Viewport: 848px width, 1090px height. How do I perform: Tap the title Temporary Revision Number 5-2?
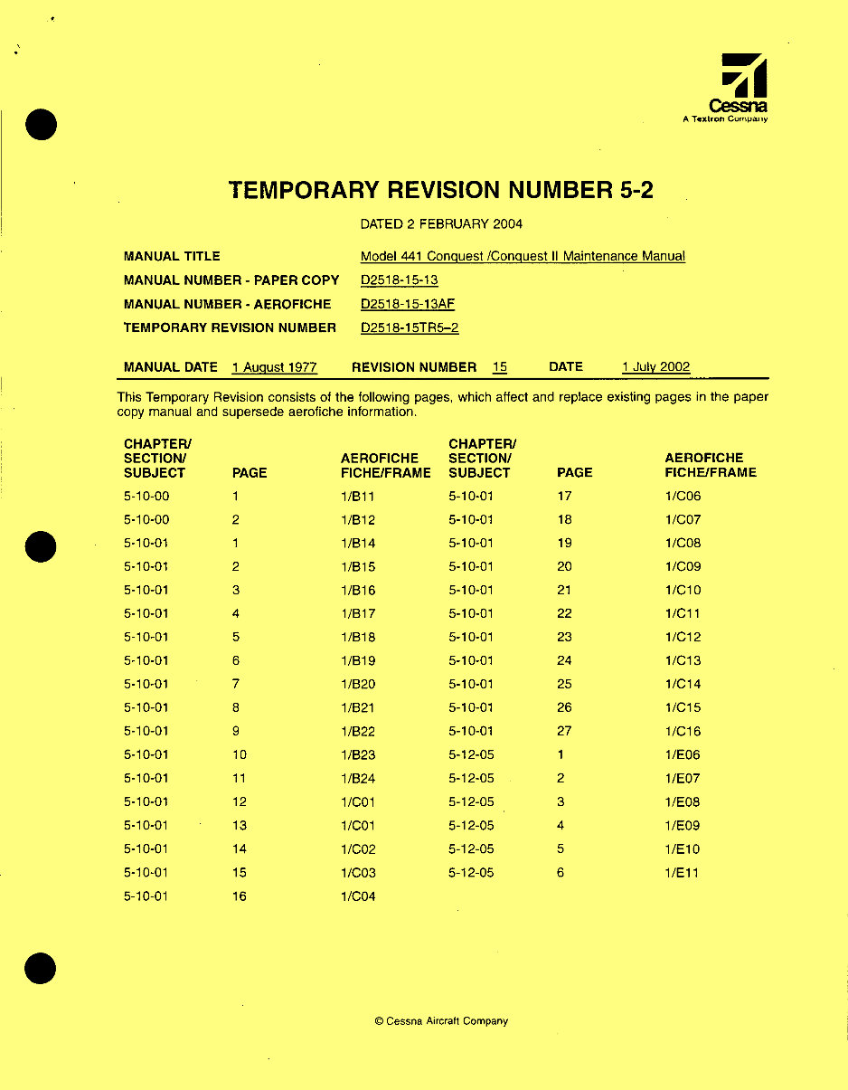pyautogui.click(x=441, y=190)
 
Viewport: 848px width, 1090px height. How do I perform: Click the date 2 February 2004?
pyautogui.click(x=441, y=223)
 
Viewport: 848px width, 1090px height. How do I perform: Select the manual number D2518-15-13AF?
pyautogui.click(x=407, y=304)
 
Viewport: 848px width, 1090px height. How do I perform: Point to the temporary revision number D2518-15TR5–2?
pyautogui.click(x=410, y=327)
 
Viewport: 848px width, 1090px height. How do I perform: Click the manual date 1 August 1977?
pyautogui.click(x=274, y=367)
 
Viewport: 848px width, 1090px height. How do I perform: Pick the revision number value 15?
pyautogui.click(x=499, y=367)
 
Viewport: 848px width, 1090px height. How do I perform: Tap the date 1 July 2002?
pyautogui.click(x=655, y=367)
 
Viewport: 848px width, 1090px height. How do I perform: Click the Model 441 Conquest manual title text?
pyautogui.click(x=523, y=256)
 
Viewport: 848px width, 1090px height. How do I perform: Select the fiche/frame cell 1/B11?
pyautogui.click(x=358, y=497)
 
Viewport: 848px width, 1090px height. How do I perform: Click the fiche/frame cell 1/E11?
pyautogui.click(x=682, y=873)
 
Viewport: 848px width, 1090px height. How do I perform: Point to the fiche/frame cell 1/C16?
pyautogui.click(x=683, y=732)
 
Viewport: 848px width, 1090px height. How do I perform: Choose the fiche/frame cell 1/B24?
pyautogui.click(x=358, y=779)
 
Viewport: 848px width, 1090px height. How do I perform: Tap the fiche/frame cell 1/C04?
pyautogui.click(x=358, y=896)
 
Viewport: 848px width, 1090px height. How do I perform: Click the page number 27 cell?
pyautogui.click(x=564, y=732)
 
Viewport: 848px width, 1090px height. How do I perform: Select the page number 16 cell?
pyautogui.click(x=239, y=896)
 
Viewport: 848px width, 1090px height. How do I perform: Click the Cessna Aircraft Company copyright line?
pyautogui.click(x=441, y=1021)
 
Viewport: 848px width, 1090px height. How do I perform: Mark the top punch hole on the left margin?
pyautogui.click(x=42, y=125)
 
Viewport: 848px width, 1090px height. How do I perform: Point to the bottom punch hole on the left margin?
pyautogui.click(x=41, y=969)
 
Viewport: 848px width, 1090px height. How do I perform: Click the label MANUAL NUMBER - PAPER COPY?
pyautogui.click(x=231, y=280)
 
